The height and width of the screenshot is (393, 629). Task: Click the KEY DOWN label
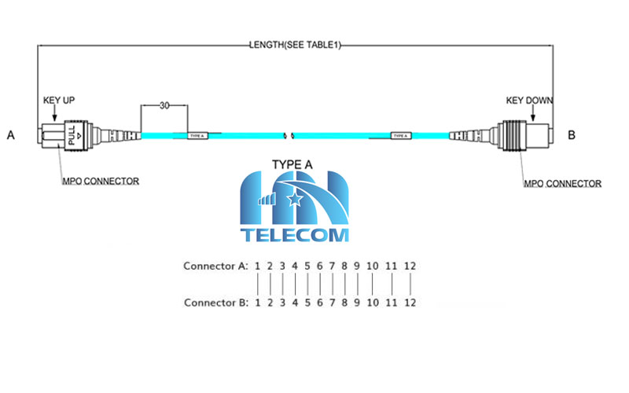click(x=528, y=101)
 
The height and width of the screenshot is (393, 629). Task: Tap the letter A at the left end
click(x=11, y=135)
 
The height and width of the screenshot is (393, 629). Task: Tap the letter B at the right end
click(x=572, y=135)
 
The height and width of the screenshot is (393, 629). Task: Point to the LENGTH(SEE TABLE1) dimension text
click(x=295, y=46)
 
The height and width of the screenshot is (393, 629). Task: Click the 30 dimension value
click(x=165, y=105)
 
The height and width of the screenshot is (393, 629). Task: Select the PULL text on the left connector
click(x=72, y=137)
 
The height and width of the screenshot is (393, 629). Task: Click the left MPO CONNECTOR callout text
click(x=101, y=181)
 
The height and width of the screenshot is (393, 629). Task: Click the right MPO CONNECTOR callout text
click(x=563, y=184)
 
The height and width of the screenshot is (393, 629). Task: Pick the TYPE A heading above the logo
click(x=292, y=165)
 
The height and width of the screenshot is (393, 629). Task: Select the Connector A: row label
click(x=215, y=266)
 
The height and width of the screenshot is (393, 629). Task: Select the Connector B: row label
click(x=215, y=302)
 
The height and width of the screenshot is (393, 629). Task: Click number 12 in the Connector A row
click(x=410, y=266)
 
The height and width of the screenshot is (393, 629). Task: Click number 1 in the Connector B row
click(x=257, y=302)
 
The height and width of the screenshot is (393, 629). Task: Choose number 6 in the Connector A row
click(x=320, y=266)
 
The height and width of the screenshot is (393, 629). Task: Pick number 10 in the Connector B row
click(x=373, y=302)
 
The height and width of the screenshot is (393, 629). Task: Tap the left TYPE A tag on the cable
click(x=197, y=136)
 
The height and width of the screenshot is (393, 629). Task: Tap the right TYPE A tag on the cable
click(x=400, y=136)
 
